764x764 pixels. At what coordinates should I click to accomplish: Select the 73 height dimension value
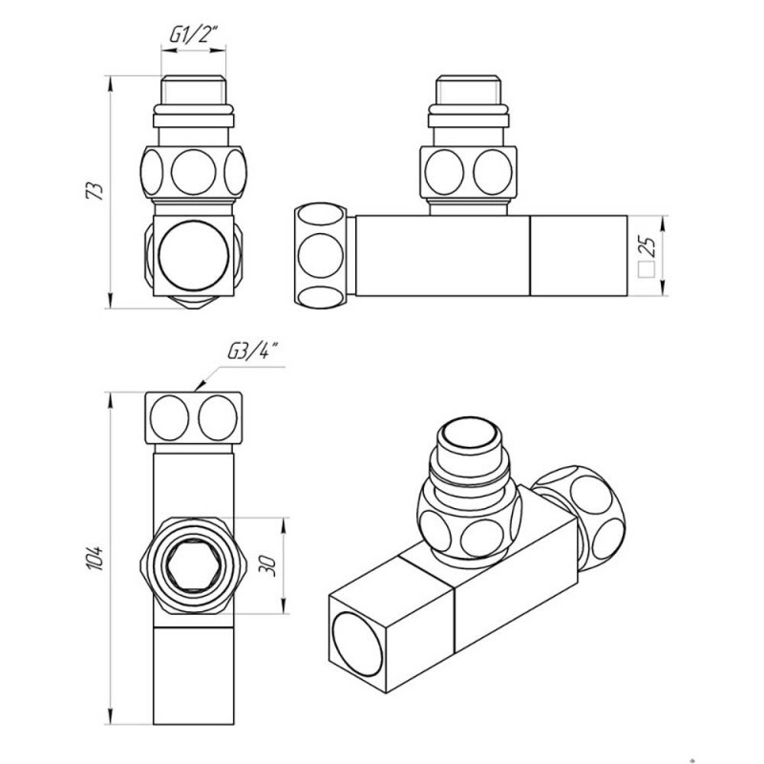pyautogui.click(x=95, y=191)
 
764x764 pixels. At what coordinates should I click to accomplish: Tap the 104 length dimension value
pyautogui.click(x=95, y=558)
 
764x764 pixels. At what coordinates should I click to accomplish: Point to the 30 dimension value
pyautogui.click(x=268, y=565)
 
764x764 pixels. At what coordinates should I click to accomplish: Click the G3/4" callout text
pyautogui.click(x=253, y=350)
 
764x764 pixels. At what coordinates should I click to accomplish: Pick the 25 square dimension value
pyautogui.click(x=647, y=246)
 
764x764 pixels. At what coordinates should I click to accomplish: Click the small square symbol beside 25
pyautogui.click(x=647, y=270)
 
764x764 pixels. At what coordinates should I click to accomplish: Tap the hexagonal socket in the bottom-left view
pyautogui.click(x=194, y=565)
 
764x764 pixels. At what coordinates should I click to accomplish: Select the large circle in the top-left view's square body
pyautogui.click(x=194, y=255)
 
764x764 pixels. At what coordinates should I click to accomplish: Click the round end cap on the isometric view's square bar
pyautogui.click(x=357, y=644)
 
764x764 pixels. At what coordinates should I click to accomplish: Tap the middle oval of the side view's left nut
pyautogui.click(x=320, y=255)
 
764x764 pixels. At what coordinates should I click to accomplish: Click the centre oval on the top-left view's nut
pyautogui.click(x=194, y=172)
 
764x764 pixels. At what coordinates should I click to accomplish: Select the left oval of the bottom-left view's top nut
pyautogui.click(x=169, y=418)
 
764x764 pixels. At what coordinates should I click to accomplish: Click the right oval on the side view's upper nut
pyautogui.click(x=493, y=172)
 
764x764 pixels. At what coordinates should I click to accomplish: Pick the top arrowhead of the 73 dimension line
pyautogui.click(x=111, y=82)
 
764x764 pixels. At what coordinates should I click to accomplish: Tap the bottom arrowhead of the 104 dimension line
pyautogui.click(x=111, y=718)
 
